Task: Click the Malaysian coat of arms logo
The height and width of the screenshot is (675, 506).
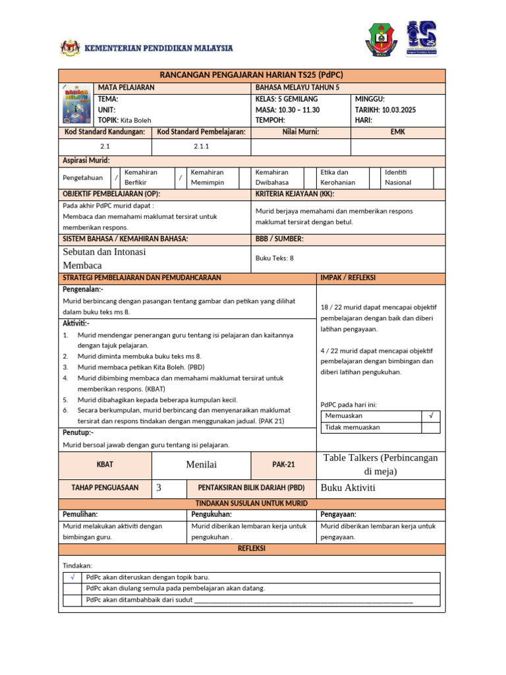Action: point(69,49)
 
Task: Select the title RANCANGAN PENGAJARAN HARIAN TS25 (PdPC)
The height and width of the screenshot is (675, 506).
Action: point(252,75)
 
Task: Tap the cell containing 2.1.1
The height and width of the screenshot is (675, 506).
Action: point(202,146)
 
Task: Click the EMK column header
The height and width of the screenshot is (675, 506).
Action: point(398,132)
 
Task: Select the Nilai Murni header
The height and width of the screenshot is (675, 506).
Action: point(300,132)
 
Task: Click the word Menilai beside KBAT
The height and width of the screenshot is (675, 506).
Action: point(202,465)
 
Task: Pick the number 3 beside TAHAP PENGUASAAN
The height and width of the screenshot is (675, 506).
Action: point(159,488)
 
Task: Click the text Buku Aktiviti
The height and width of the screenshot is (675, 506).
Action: point(348,488)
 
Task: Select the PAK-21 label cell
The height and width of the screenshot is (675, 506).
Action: point(284,465)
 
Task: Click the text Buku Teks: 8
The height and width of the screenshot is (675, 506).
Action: point(274,258)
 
